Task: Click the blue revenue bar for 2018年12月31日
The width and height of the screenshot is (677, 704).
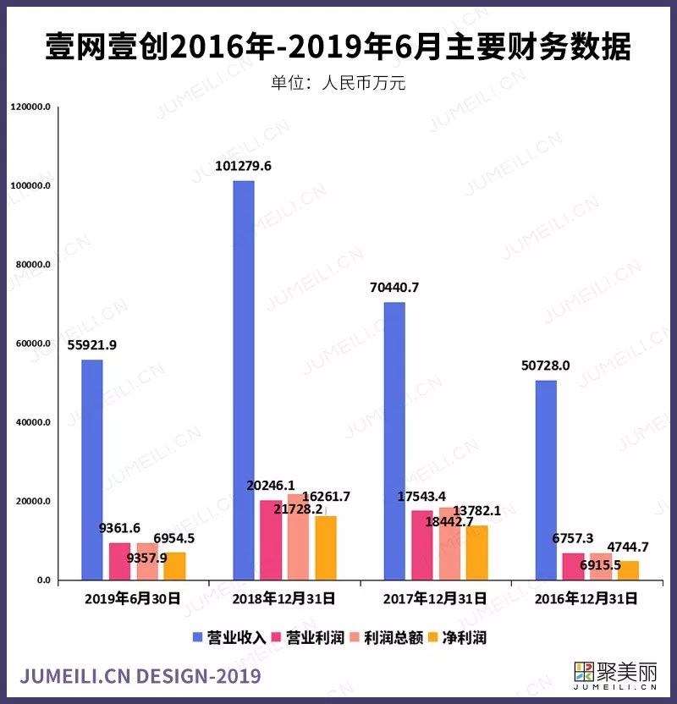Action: pos(244,381)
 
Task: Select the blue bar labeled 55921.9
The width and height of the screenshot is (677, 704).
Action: pos(92,470)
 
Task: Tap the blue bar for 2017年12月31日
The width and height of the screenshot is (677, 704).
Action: pos(394,441)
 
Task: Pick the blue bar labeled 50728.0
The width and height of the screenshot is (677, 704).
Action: pos(546,480)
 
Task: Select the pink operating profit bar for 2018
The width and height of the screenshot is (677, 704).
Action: pos(271,540)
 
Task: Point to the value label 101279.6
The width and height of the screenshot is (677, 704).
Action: pos(243,166)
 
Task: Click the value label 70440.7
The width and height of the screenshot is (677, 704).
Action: pos(394,288)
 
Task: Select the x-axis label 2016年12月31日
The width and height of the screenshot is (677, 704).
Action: pos(585,598)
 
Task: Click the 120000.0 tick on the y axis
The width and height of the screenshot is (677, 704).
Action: pos(31,107)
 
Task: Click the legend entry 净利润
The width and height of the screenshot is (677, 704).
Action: pos(458,637)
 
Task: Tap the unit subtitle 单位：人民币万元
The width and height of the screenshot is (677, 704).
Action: pos(338,83)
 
